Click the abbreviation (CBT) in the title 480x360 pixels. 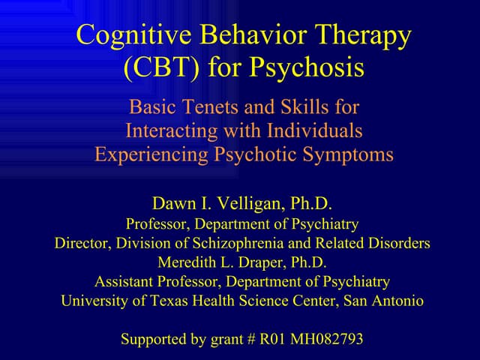160,69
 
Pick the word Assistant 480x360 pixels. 124,282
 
